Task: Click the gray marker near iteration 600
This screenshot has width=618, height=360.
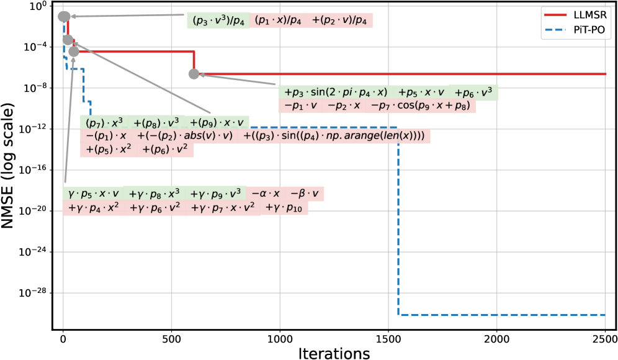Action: click(194, 74)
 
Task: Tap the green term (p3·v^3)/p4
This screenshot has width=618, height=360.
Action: click(218, 20)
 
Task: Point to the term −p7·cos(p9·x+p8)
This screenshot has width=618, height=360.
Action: click(423, 106)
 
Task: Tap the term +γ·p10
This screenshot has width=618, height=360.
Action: click(286, 209)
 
